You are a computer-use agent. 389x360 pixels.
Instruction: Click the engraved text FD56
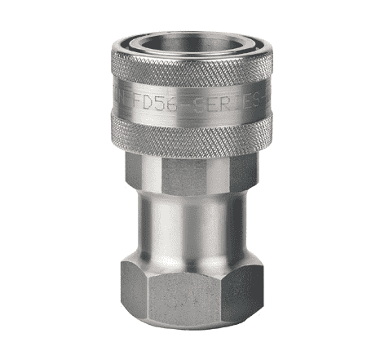pos(156,104)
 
